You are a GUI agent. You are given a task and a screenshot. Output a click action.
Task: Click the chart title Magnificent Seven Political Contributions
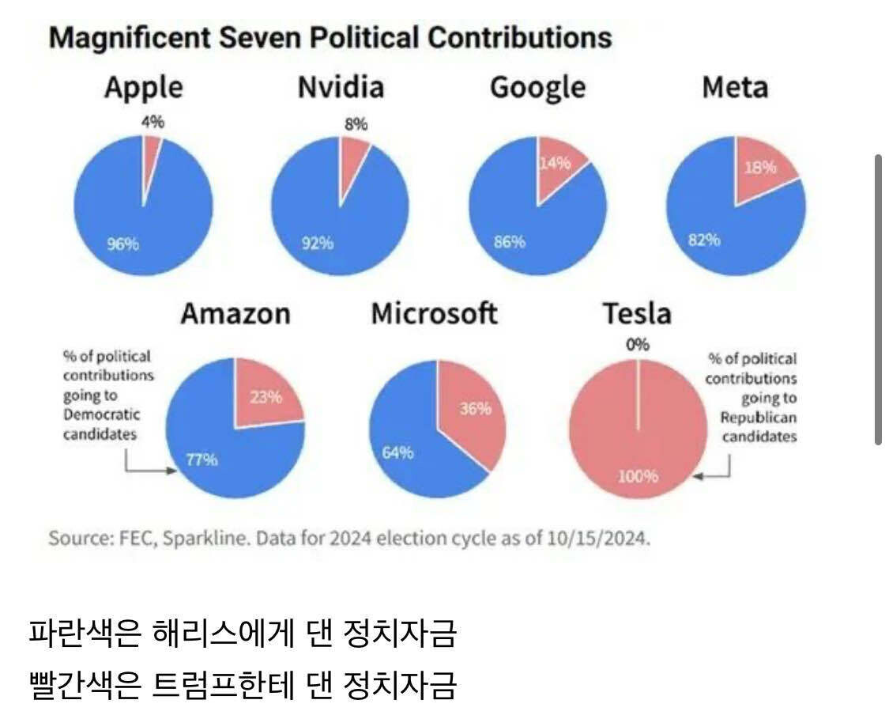[x=330, y=37]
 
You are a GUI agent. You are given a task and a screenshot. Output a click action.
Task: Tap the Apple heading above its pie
[x=143, y=87]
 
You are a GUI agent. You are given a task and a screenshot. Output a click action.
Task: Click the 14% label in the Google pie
[x=556, y=164]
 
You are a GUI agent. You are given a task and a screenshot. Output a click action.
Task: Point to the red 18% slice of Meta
[x=760, y=167]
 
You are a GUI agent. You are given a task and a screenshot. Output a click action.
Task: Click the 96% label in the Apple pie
[x=123, y=244]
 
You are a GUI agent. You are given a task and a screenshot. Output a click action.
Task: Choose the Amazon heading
[x=235, y=314]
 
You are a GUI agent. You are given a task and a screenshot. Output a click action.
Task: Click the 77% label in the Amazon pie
[x=202, y=460]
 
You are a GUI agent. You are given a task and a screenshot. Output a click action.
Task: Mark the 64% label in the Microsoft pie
[x=398, y=452]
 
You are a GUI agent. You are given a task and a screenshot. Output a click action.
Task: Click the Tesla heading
[x=637, y=314]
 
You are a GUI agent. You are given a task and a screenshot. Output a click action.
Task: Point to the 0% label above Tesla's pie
[x=638, y=345]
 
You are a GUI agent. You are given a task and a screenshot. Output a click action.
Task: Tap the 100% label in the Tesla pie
[x=638, y=475]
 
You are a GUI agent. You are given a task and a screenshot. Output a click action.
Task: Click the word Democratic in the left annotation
[x=101, y=414]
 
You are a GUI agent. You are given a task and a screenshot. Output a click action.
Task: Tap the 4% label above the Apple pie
[x=153, y=122]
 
